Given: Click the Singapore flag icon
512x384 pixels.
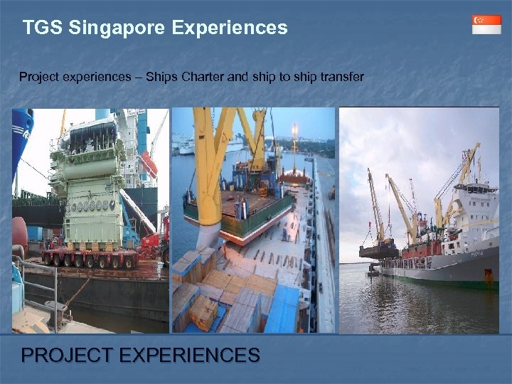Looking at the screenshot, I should click(x=486, y=24).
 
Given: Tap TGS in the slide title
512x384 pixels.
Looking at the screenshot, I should click(x=38, y=28).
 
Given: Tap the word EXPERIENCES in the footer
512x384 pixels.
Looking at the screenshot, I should click(x=192, y=355).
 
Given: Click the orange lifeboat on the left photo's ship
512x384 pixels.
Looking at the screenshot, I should click(x=148, y=165).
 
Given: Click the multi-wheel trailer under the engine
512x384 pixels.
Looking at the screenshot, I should click(x=89, y=257).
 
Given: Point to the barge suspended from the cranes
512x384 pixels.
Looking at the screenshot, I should click(x=378, y=250).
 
